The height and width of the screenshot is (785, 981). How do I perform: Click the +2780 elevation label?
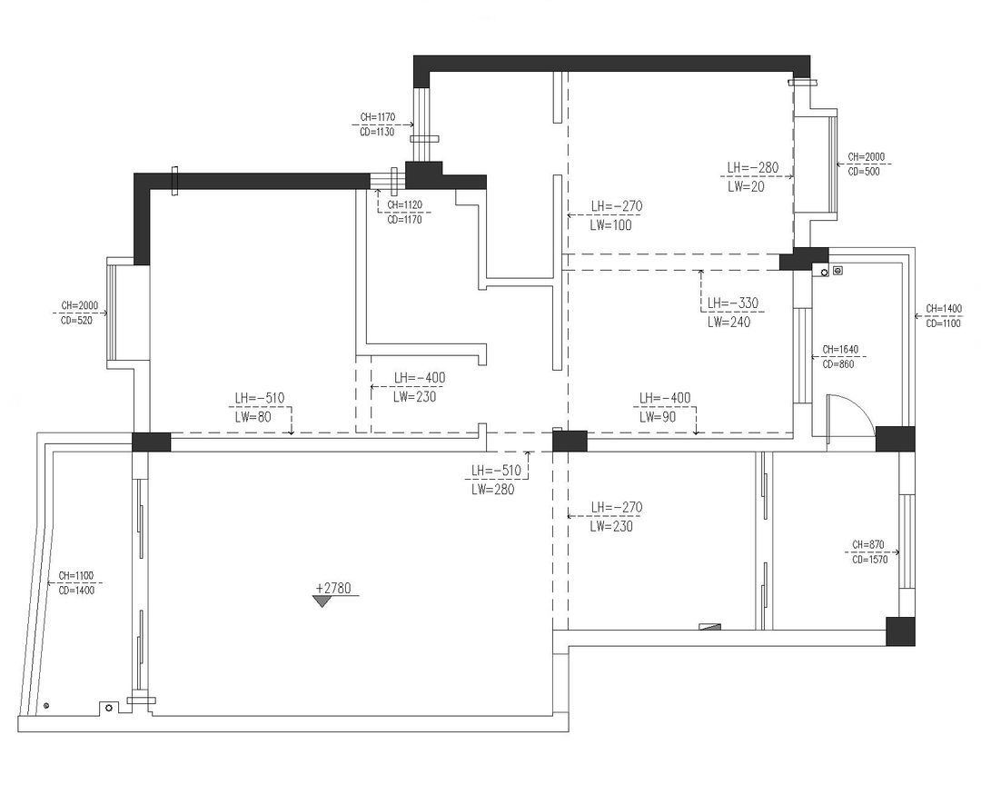click(x=333, y=588)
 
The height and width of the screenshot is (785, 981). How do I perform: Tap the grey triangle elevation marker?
click(x=322, y=601)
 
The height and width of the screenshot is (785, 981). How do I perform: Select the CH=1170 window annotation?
click(x=377, y=117)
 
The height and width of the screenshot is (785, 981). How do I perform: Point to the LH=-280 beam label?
click(x=753, y=168)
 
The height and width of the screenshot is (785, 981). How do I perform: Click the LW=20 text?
click(x=746, y=186)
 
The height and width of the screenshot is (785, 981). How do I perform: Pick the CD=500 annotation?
click(x=864, y=172)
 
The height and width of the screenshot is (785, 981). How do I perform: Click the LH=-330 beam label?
click(x=733, y=303)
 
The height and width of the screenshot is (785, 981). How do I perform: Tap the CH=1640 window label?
click(x=840, y=349)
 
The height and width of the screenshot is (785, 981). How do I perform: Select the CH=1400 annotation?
click(x=944, y=309)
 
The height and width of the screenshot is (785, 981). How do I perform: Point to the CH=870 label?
click(x=867, y=544)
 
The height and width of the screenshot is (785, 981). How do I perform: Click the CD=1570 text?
click(x=869, y=560)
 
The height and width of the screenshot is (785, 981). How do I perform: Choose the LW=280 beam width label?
click(x=493, y=490)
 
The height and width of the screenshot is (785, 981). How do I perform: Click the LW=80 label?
click(x=253, y=417)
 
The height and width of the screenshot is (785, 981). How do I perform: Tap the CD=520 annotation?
click(x=76, y=321)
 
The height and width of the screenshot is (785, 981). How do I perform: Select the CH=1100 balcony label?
click(x=75, y=575)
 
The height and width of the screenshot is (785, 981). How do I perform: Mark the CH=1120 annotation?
click(x=404, y=204)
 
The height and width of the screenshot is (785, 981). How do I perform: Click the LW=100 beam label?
click(x=610, y=225)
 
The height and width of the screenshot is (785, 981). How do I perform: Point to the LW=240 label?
click(x=728, y=323)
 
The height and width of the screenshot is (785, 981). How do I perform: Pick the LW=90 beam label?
click(x=658, y=417)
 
